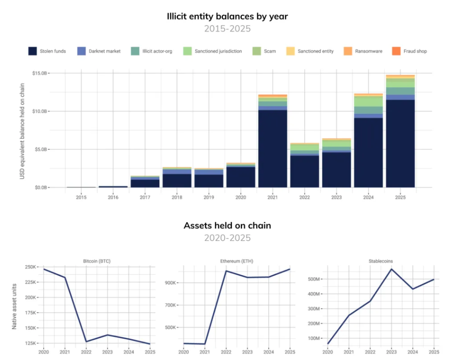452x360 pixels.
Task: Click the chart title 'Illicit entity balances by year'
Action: (x=227, y=17)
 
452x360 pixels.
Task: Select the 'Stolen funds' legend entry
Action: (x=47, y=51)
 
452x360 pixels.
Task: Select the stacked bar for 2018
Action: (x=177, y=177)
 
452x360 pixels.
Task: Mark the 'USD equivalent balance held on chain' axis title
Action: (x=22, y=130)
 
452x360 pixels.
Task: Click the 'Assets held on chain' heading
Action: (x=227, y=226)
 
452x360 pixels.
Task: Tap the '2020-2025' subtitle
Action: (x=227, y=238)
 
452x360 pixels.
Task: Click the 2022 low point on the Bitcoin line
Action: (x=86, y=342)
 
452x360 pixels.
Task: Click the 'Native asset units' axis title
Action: (x=15, y=306)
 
